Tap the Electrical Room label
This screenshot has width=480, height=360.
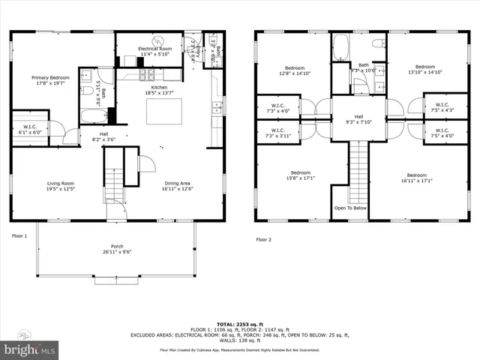[154, 52]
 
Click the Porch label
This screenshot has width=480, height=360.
[117, 249]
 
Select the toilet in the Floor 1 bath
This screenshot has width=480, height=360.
[88, 91]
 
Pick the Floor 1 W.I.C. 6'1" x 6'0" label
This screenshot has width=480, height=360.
[30, 130]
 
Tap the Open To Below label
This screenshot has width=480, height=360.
[350, 208]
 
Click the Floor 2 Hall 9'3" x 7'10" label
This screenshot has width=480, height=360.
[358, 120]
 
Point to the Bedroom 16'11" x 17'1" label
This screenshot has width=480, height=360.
[416, 178]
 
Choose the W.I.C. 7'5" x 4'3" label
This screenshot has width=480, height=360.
[442, 107]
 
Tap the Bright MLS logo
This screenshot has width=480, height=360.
[30, 349]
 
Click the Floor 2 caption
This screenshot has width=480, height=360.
[263, 239]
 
